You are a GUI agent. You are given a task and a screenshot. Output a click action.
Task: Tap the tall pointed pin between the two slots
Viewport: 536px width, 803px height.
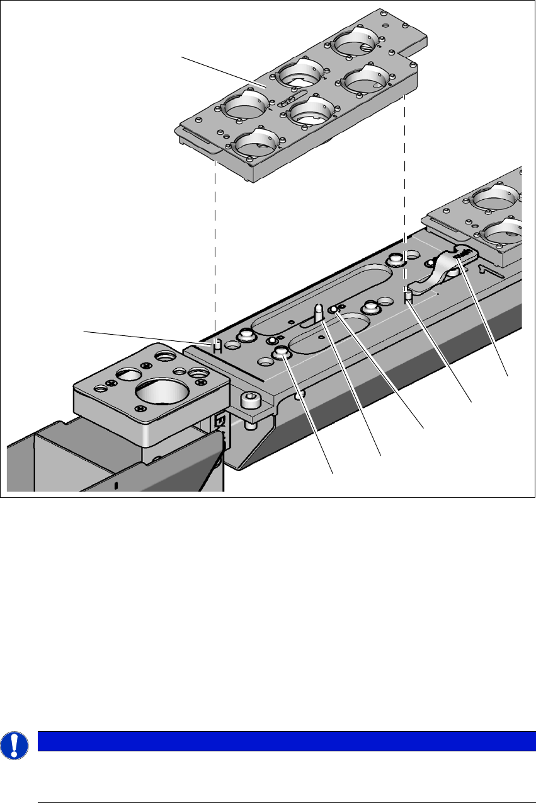click(x=319, y=311)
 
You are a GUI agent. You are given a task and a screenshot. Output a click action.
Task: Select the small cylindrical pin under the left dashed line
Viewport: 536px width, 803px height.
click(x=215, y=344)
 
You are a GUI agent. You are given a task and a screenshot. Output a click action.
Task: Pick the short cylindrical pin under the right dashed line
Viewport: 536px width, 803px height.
click(x=408, y=294)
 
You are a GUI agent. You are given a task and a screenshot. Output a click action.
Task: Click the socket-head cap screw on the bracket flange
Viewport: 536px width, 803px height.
click(x=249, y=400)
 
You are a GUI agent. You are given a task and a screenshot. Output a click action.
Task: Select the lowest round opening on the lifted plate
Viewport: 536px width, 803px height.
click(x=253, y=142)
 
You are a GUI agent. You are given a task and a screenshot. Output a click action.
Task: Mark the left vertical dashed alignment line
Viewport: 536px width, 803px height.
click(x=215, y=246)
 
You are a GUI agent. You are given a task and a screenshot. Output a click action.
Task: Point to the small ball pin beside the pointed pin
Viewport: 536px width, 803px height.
click(x=333, y=308)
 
